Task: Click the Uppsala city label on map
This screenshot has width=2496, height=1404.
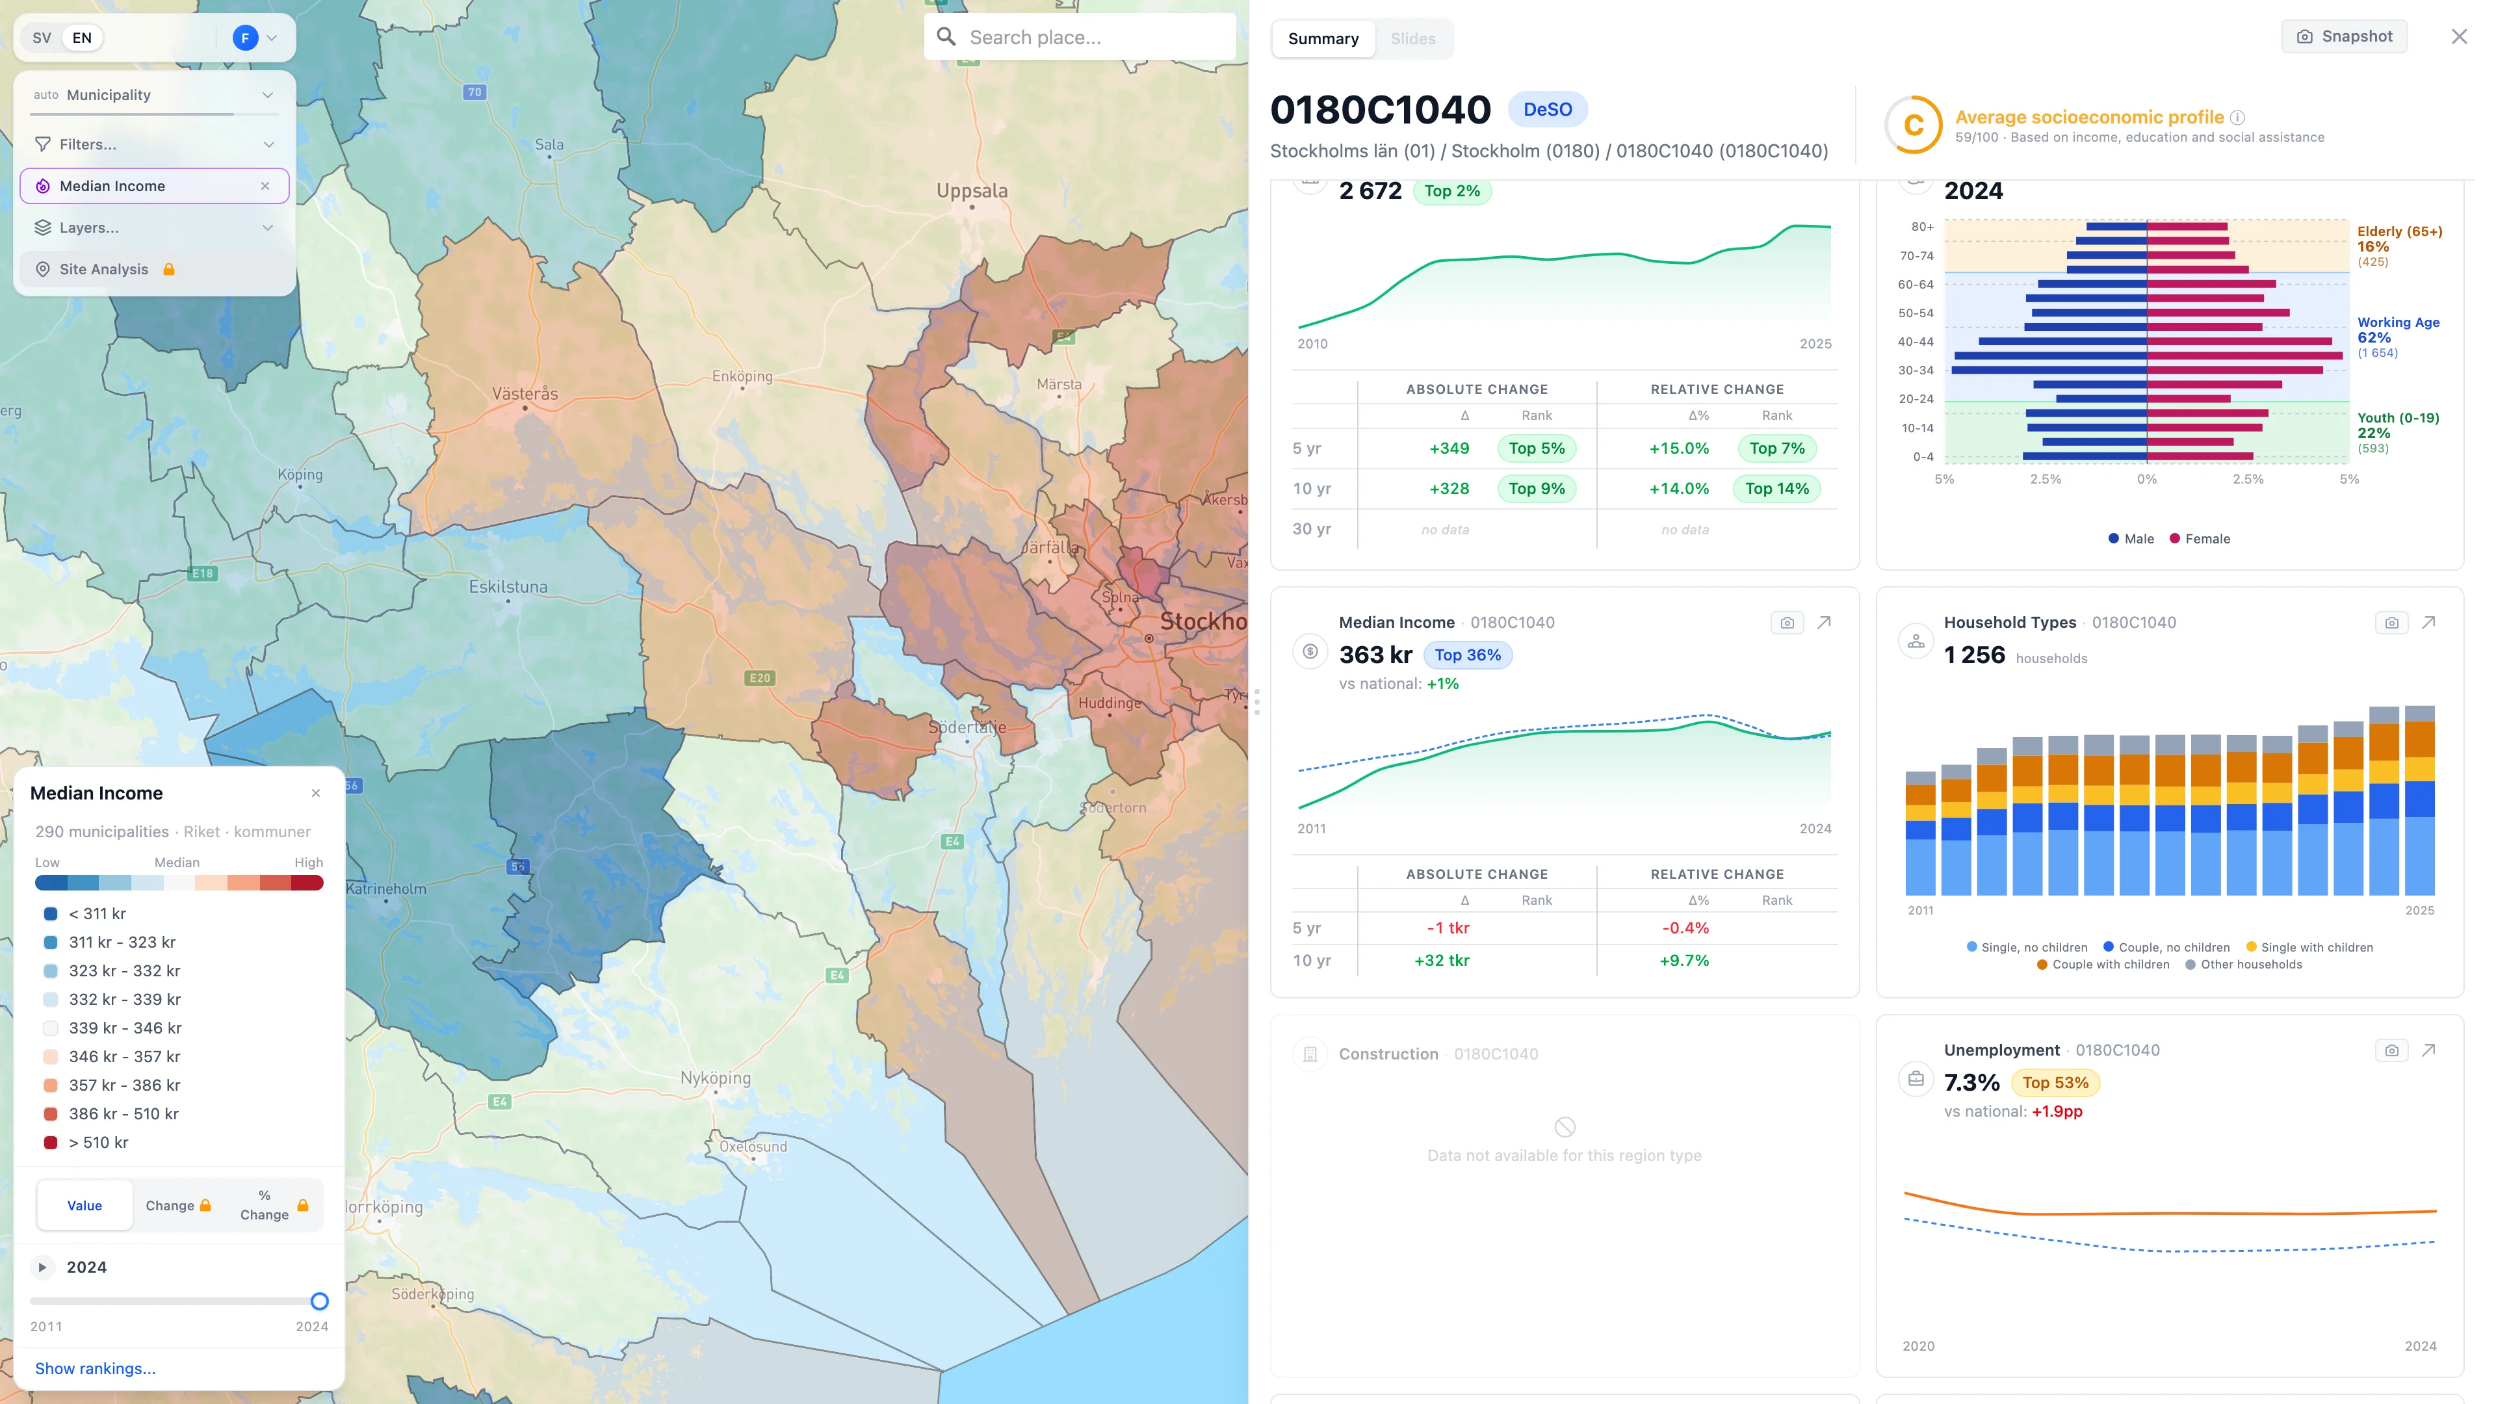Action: (971, 191)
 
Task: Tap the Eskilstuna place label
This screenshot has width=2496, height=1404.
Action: (508, 586)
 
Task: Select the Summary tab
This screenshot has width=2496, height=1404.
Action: (1323, 39)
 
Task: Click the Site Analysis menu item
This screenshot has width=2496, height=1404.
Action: (104, 269)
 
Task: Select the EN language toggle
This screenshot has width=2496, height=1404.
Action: (83, 38)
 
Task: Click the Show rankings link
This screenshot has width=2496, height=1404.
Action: (95, 1368)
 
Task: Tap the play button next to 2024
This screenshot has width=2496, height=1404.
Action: (42, 1267)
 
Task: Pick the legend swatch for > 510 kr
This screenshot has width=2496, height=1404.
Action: (51, 1143)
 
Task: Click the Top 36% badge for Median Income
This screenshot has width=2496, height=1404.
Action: (1467, 655)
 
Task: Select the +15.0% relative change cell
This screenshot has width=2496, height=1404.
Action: (1678, 448)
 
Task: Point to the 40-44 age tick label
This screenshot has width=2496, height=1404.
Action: (1915, 342)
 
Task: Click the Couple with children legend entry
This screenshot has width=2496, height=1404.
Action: (2103, 964)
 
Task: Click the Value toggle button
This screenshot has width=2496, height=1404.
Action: (84, 1205)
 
